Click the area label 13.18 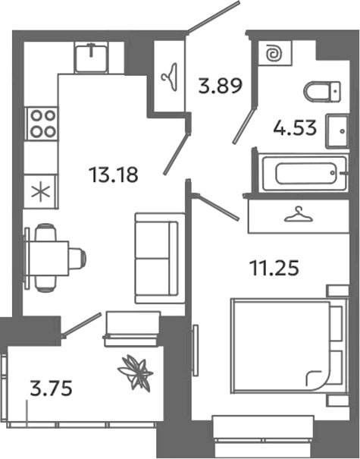[113, 176]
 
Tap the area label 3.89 [219, 84]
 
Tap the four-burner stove [41, 123]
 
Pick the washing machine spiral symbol [272, 55]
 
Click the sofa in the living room [159, 258]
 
